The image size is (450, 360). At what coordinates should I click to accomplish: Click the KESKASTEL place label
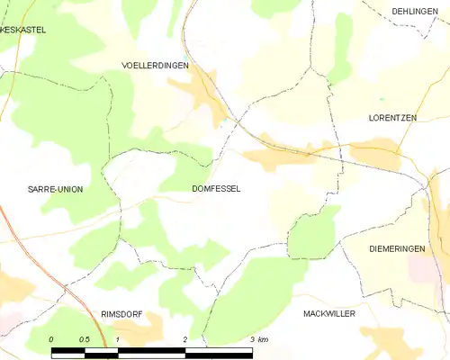point(23,30)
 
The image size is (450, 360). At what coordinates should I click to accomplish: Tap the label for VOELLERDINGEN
point(155,66)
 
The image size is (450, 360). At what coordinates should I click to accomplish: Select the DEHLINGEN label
point(414,12)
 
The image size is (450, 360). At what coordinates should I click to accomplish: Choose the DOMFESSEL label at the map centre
point(216,190)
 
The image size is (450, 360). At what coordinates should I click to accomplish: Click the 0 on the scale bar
point(52,339)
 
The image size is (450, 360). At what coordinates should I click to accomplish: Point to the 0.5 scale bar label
point(84,339)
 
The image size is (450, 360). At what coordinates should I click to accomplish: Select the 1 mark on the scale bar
point(118,339)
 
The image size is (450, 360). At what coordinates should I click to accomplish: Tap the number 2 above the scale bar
point(184,339)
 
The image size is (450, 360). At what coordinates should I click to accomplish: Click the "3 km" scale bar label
point(257,339)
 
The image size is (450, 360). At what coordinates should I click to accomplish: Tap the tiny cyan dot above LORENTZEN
point(382,99)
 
